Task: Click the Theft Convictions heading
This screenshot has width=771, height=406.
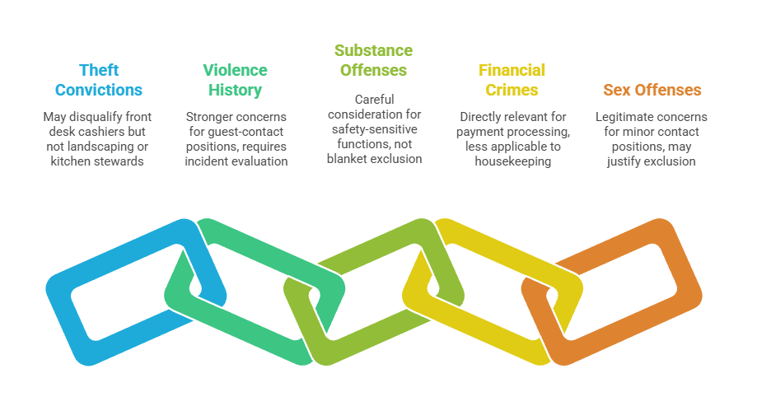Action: point(98,80)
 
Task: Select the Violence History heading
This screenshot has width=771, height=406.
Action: point(235,80)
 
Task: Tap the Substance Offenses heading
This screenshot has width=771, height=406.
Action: point(373,60)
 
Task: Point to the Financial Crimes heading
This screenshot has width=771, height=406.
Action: point(512,80)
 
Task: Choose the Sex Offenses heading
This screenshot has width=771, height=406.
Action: point(652,90)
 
